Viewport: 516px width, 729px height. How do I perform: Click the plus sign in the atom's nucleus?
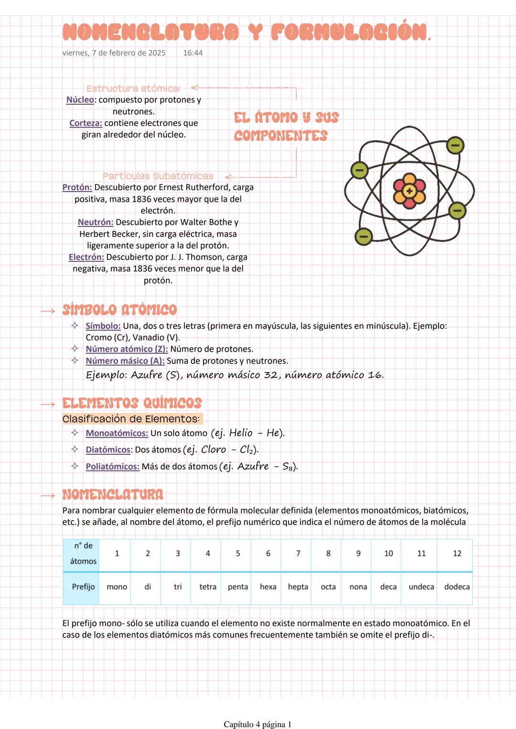pyautogui.click(x=409, y=191)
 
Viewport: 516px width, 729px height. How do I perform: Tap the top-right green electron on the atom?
pyautogui.click(x=455, y=145)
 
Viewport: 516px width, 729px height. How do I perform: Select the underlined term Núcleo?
pyautogui.click(x=80, y=100)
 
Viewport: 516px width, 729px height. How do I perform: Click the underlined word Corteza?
pyautogui.click(x=86, y=123)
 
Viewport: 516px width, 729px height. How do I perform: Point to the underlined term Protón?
pyautogui.click(x=77, y=187)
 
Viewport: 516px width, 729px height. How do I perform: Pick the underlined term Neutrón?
pyautogui.click(x=96, y=222)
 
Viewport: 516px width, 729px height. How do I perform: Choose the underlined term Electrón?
pyautogui.click(x=86, y=257)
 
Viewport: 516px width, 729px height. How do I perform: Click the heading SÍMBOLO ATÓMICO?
pyautogui.click(x=119, y=310)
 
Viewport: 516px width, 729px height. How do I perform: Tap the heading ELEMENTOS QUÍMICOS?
pyautogui.click(x=132, y=403)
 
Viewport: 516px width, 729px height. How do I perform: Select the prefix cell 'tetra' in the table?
pyautogui.click(x=208, y=587)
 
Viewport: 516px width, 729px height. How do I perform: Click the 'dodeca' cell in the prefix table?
pyautogui.click(x=457, y=587)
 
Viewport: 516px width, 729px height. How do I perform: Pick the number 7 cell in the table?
pyautogui.click(x=298, y=553)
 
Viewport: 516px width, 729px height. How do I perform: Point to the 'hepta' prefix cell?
pyautogui.click(x=298, y=587)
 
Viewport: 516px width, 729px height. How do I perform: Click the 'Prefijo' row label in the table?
pyautogui.click(x=83, y=587)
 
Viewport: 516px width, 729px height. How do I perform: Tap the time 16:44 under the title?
pyautogui.click(x=193, y=53)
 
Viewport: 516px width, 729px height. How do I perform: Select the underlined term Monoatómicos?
pyautogui.click(x=117, y=433)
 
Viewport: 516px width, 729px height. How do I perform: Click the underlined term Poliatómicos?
pyautogui.click(x=113, y=467)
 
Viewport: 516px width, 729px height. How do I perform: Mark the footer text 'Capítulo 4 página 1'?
pyautogui.click(x=258, y=724)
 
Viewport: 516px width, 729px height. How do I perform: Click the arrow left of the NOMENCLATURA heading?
pyautogui.click(x=48, y=495)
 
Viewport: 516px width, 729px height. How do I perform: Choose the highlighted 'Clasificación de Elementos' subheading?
pyautogui.click(x=131, y=419)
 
